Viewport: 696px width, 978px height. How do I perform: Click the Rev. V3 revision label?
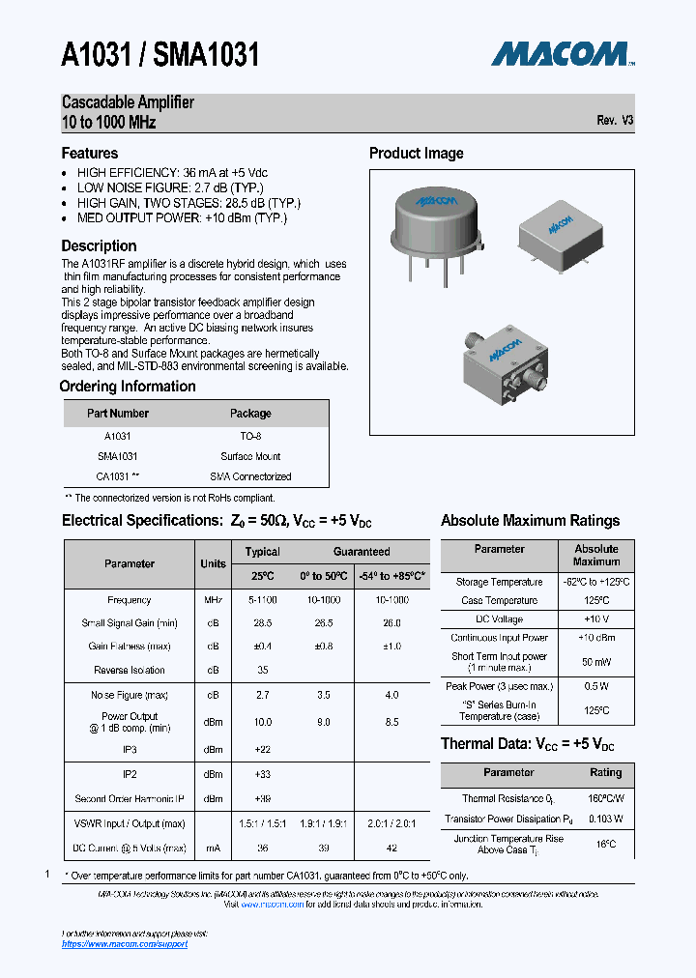point(615,121)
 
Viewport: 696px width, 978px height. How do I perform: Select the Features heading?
point(90,153)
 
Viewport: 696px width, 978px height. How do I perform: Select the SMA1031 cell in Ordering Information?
point(118,456)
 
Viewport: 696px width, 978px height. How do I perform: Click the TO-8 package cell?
point(250,436)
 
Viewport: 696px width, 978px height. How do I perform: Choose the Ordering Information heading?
point(128,387)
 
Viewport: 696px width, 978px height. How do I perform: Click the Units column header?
point(213,563)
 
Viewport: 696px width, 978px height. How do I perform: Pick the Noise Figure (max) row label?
point(130,695)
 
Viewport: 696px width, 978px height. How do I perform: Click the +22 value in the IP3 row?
point(262,749)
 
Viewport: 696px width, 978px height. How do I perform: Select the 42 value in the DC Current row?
point(391,848)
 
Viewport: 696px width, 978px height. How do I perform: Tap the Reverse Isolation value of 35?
point(262,670)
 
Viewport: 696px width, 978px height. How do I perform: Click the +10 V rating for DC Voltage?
point(595,618)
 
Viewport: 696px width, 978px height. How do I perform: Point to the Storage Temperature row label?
point(500,582)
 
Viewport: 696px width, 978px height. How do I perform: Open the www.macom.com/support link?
point(125,944)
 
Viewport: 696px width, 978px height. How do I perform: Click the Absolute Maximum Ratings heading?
point(530,520)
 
